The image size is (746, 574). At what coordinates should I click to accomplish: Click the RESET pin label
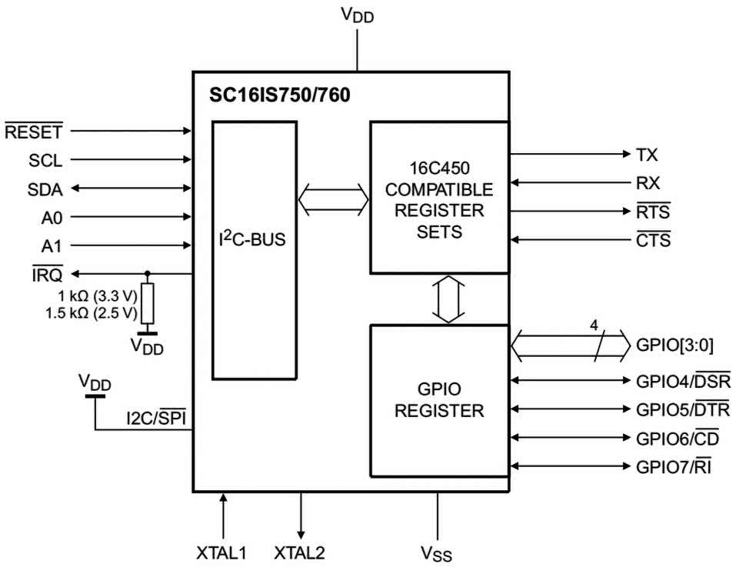click(x=33, y=132)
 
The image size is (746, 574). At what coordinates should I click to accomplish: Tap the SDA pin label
click(x=45, y=189)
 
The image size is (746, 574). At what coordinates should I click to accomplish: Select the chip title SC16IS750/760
click(x=278, y=97)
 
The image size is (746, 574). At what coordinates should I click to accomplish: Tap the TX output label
click(x=647, y=155)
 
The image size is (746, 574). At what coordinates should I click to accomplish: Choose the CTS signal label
click(x=653, y=240)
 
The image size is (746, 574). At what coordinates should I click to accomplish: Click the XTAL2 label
click(x=300, y=552)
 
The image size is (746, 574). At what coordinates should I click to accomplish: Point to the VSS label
click(x=436, y=553)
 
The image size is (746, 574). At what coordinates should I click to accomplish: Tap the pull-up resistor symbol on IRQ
click(x=147, y=303)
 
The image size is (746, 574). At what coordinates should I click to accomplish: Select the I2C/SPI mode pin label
click(x=157, y=419)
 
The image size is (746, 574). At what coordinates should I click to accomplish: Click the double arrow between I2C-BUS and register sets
click(x=333, y=198)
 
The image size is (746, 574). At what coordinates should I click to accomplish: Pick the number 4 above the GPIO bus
click(x=593, y=325)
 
